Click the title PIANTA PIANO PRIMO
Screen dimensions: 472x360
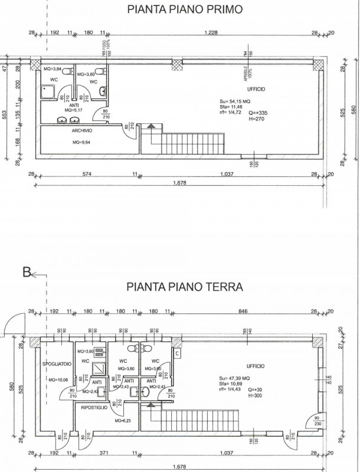tap(185, 9)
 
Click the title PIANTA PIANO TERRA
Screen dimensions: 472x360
tap(185, 287)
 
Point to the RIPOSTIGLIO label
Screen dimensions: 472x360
tap(94, 407)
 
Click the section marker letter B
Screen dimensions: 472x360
tap(26, 273)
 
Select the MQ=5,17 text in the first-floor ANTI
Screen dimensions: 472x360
tap(74, 110)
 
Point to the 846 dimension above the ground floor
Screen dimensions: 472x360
tap(243, 311)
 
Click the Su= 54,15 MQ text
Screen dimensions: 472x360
tap(234, 102)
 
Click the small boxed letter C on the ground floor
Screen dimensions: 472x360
tap(177, 352)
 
